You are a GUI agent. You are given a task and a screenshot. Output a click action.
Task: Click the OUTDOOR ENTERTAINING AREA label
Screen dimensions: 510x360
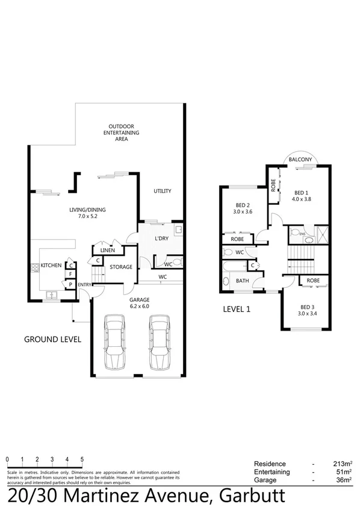[121, 132]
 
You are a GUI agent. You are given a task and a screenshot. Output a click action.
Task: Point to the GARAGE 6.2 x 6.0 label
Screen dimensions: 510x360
[139, 302]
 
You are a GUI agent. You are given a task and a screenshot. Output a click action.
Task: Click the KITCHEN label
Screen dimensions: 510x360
[51, 265]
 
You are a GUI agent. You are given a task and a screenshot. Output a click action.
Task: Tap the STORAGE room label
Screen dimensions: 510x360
[120, 267]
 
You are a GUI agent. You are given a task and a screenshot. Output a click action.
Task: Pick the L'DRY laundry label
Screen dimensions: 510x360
[161, 239]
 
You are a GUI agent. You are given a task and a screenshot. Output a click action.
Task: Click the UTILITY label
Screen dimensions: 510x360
[162, 191]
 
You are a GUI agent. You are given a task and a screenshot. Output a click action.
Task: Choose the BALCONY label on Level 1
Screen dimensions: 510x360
[300, 160]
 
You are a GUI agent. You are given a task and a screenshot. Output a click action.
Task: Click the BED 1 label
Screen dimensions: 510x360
[301, 195]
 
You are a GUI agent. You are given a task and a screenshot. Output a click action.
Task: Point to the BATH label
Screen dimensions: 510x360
[242, 281]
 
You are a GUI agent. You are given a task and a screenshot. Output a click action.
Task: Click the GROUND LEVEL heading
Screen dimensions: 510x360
[52, 339]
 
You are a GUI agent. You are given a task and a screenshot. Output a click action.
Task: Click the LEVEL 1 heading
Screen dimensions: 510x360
[236, 309]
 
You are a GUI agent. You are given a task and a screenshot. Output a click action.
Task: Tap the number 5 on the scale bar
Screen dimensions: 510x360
[82, 459]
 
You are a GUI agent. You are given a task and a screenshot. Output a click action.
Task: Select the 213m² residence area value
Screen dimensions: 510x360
[341, 464]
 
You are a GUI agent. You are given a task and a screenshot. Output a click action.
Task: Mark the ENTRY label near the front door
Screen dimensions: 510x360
[84, 285]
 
